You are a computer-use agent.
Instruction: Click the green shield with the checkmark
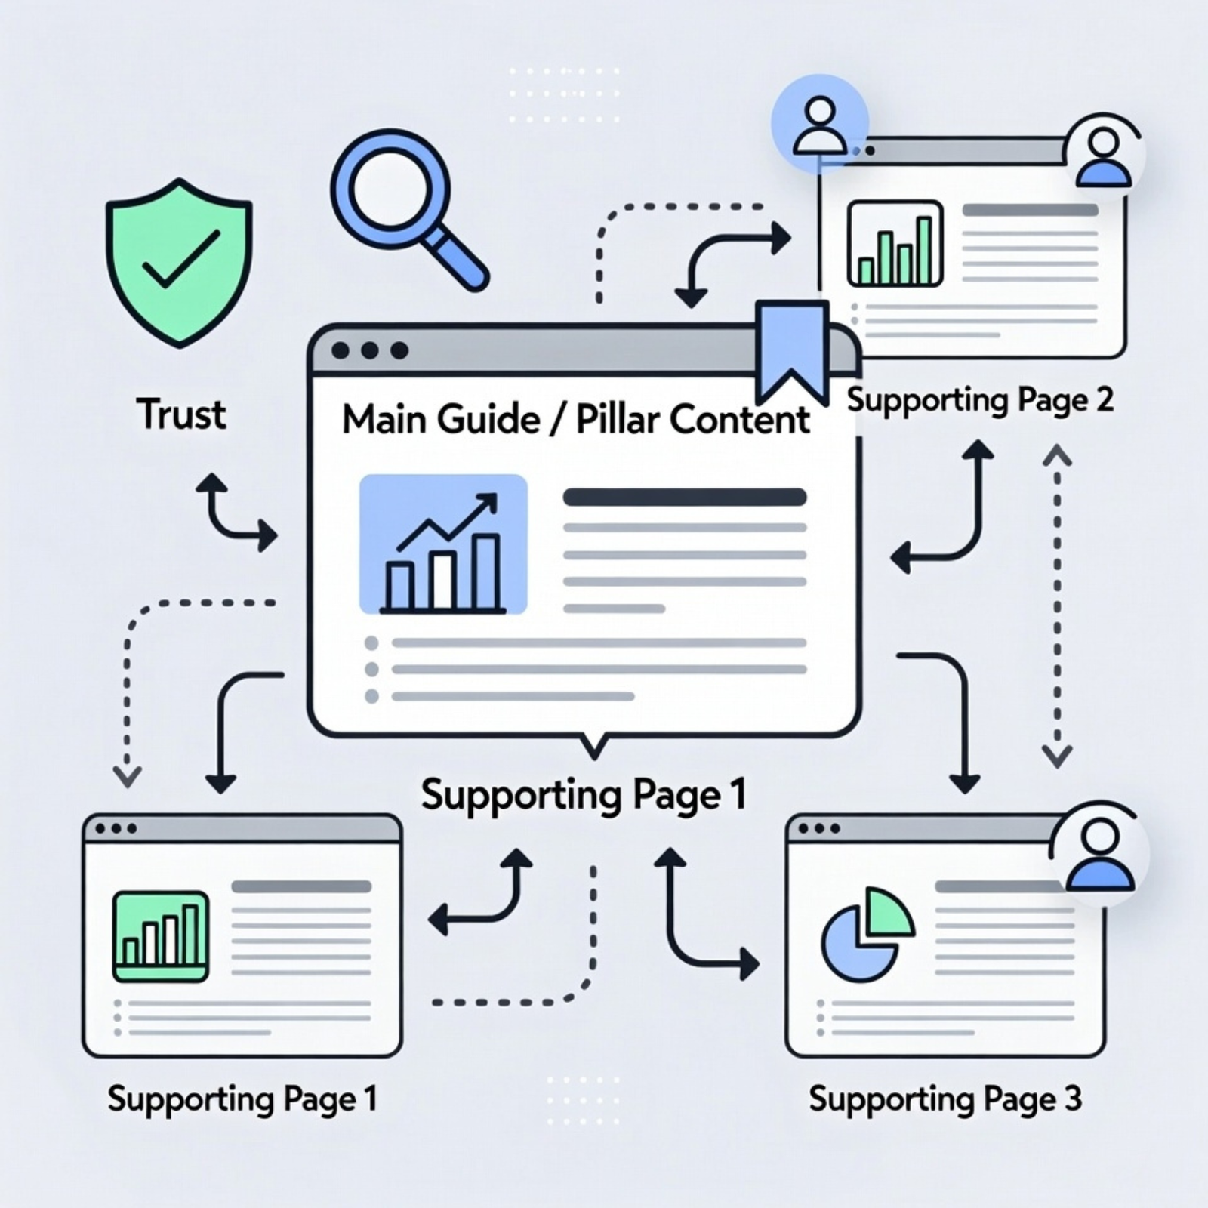179,261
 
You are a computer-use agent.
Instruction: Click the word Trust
181,414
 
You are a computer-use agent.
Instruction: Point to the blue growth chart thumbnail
443,544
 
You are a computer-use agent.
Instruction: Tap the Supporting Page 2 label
979,400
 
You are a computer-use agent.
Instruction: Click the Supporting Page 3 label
945,1099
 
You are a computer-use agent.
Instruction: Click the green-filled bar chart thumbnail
160,936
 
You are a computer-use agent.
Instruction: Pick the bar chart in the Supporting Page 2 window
895,243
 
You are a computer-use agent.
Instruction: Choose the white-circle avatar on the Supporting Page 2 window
1104,157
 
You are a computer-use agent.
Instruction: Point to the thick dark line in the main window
685,497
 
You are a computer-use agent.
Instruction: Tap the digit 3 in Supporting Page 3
1073,1099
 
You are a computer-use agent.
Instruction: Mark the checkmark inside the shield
182,259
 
